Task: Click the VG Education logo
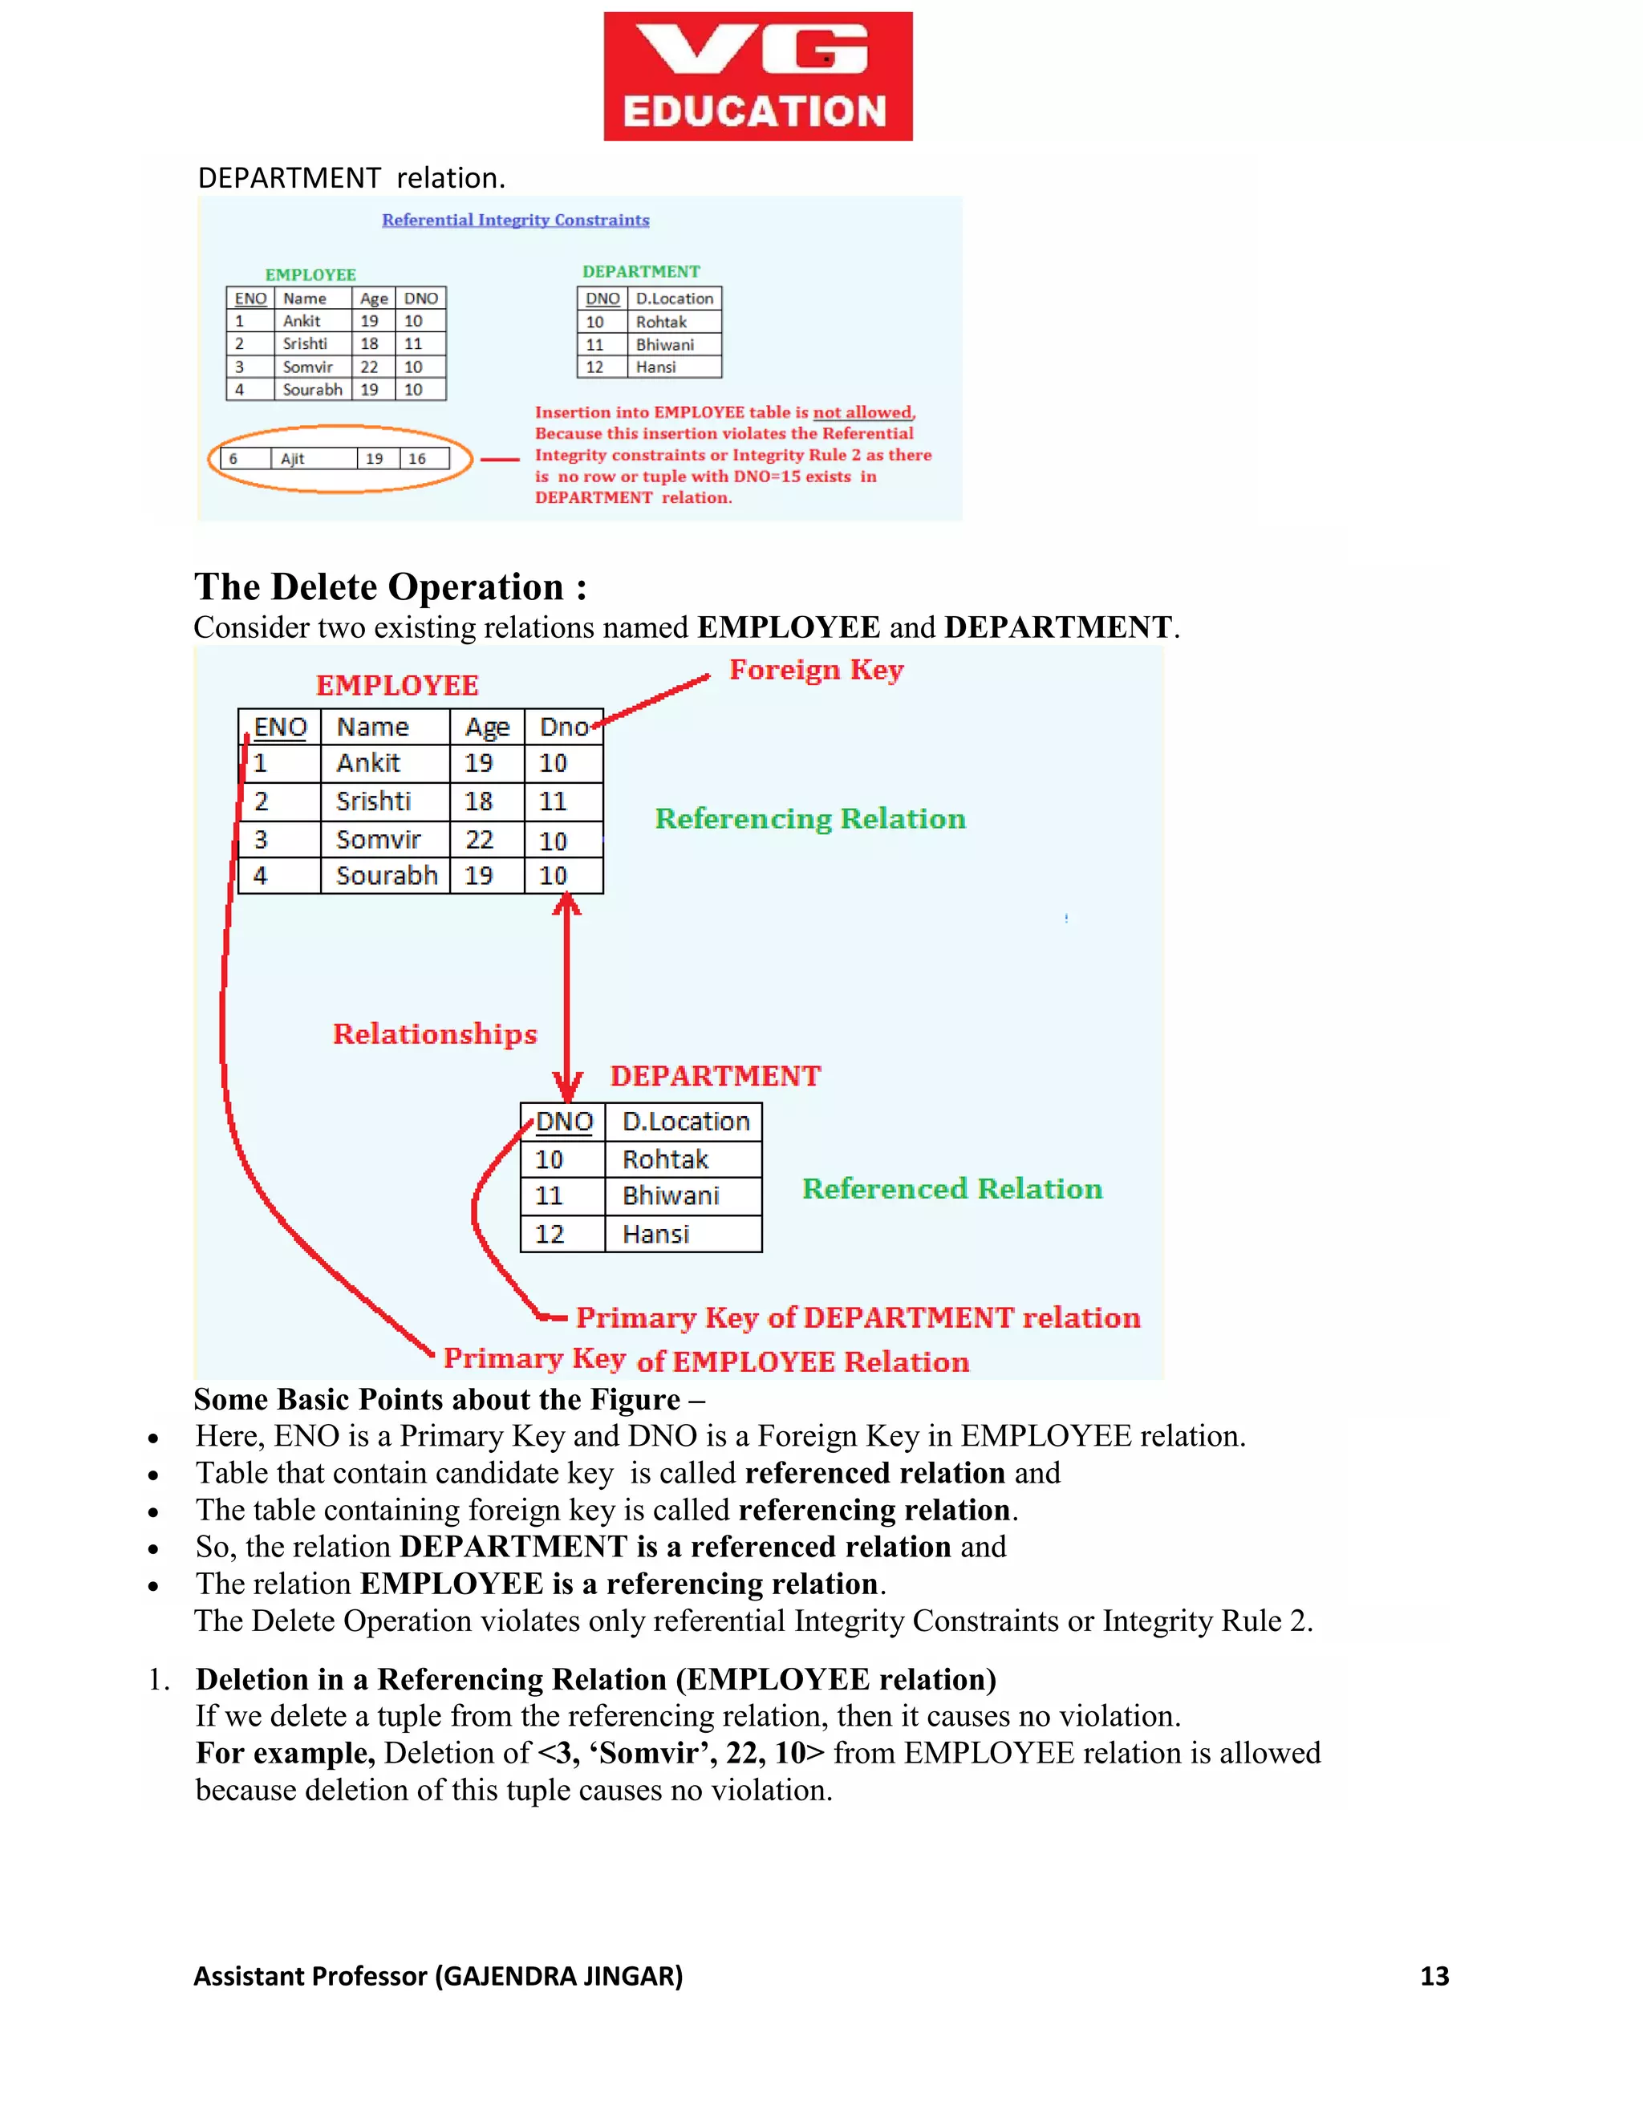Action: pyautogui.click(x=757, y=76)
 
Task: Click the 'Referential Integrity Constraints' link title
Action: pyautogui.click(x=515, y=220)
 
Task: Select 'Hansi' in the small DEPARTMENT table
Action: pyautogui.click(x=656, y=367)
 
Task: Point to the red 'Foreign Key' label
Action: pyautogui.click(x=816, y=670)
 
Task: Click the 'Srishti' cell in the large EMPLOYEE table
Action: pyautogui.click(x=374, y=801)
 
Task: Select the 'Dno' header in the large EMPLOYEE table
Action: pyautogui.click(x=563, y=727)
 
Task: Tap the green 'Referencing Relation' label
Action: pyautogui.click(x=809, y=818)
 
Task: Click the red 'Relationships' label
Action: pyautogui.click(x=434, y=1034)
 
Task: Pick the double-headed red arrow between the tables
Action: pyautogui.click(x=566, y=998)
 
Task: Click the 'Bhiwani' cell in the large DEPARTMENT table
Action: pyautogui.click(x=671, y=1195)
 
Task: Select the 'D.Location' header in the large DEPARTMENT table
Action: pyautogui.click(x=685, y=1122)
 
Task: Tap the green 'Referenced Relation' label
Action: pyautogui.click(x=951, y=1189)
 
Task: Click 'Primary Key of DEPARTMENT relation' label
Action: pyautogui.click(x=858, y=1317)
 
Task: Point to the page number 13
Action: pyautogui.click(x=1434, y=1975)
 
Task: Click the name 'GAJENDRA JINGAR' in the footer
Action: pyautogui.click(x=558, y=1975)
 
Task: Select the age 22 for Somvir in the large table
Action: pyautogui.click(x=479, y=839)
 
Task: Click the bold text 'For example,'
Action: pyautogui.click(x=285, y=1752)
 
